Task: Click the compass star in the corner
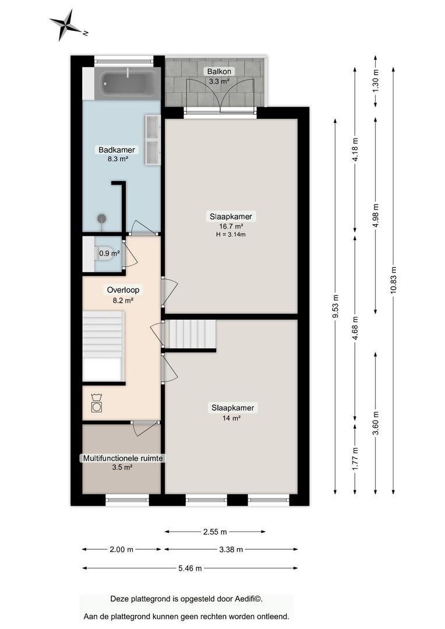(x=66, y=25)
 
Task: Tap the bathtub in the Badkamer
(x=128, y=83)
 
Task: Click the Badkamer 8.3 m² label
(x=117, y=154)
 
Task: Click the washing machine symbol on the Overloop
(x=96, y=404)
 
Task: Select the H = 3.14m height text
(x=231, y=235)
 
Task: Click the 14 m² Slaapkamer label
(x=233, y=412)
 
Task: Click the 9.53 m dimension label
(x=335, y=307)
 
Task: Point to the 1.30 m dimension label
(x=376, y=82)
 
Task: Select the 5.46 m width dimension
(x=190, y=568)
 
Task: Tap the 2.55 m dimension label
(x=215, y=532)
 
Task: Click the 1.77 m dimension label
(x=355, y=459)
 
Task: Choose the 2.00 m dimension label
(x=121, y=550)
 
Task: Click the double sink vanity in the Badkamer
(x=153, y=140)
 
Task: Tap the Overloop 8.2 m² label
(x=123, y=295)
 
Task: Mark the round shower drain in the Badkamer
(x=102, y=218)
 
